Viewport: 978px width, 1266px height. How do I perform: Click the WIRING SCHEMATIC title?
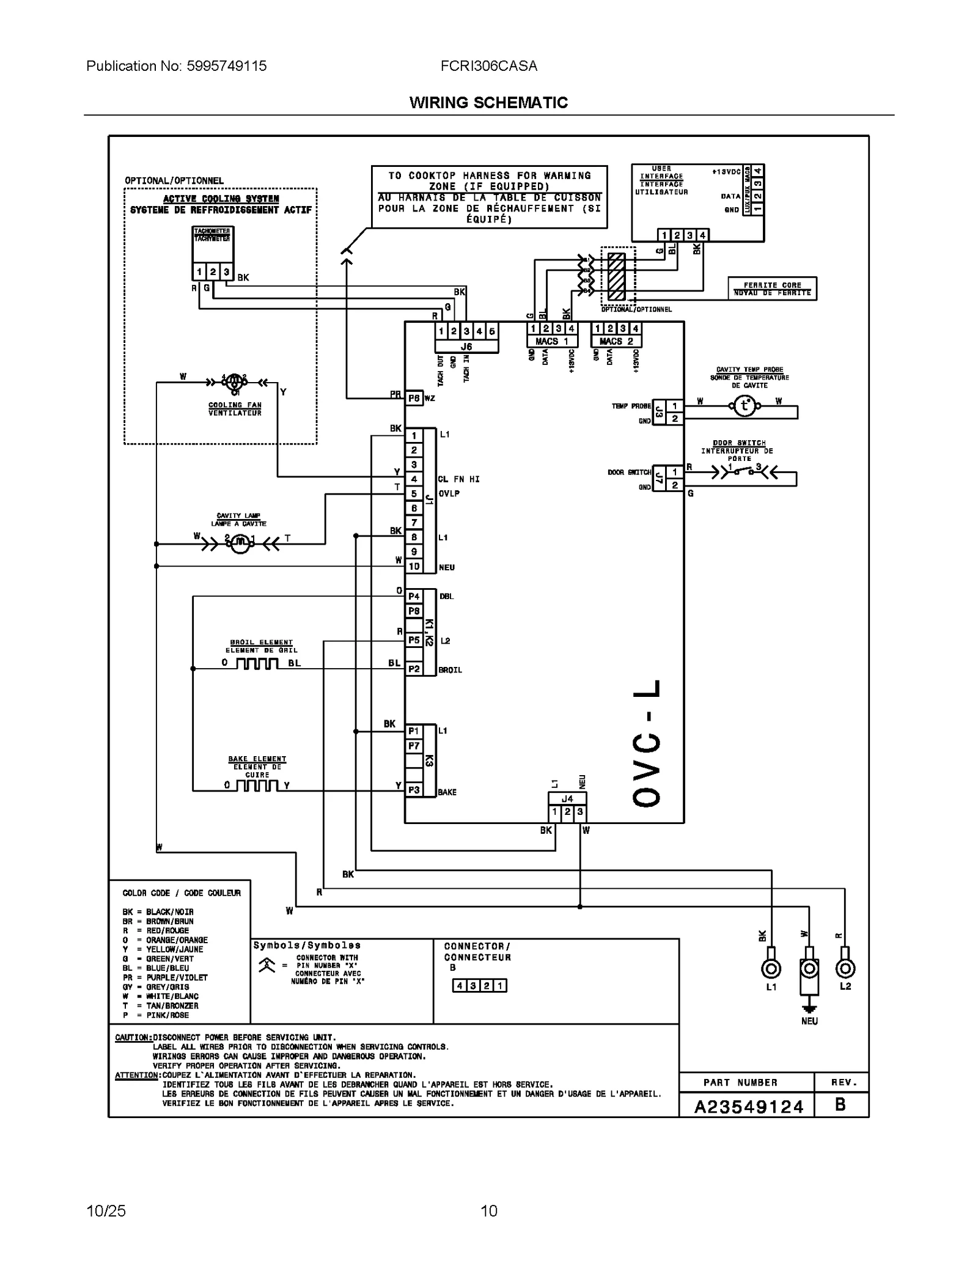(488, 103)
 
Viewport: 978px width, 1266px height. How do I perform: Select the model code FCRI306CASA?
(488, 66)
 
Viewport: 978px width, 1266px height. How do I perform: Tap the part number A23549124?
(748, 1107)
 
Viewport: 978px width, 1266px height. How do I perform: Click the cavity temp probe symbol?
(744, 406)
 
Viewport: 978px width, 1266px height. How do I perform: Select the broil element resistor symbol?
(257, 664)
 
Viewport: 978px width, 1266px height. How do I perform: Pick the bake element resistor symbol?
(257, 786)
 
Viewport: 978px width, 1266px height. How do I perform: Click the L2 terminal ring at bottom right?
(845, 969)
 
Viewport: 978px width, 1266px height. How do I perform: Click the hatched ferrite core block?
(616, 276)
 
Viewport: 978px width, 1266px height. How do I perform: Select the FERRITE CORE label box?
(772, 289)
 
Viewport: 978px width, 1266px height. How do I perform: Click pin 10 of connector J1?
(414, 567)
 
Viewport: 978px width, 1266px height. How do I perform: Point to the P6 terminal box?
(414, 399)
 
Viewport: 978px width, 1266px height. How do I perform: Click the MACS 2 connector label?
(616, 341)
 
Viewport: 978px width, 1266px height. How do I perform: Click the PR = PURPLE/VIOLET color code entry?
(165, 977)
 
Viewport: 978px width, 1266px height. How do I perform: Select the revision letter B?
(840, 1105)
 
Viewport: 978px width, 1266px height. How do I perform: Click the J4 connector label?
(567, 798)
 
